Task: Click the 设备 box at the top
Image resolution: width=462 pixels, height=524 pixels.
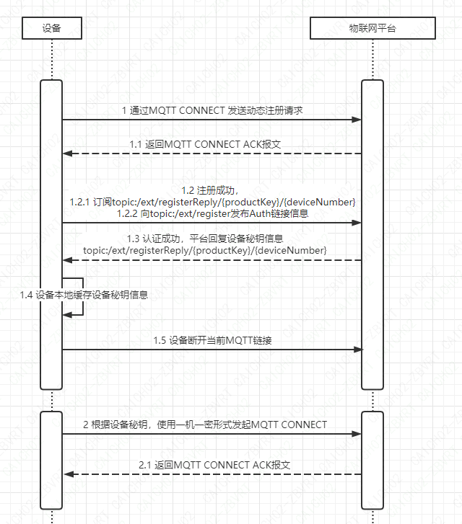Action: [x=52, y=28]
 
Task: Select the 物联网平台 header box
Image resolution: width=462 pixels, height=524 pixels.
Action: [x=372, y=28]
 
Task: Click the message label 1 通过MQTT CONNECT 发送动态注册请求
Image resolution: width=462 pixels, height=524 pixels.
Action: [x=212, y=110]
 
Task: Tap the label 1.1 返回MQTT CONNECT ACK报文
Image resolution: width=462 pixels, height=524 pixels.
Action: [x=205, y=144]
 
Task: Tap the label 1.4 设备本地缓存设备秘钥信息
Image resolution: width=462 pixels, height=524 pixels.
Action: [x=84, y=295]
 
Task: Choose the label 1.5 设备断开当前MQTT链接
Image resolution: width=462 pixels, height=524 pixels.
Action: [x=212, y=340]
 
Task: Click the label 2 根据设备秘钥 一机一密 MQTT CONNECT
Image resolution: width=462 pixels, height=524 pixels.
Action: [x=205, y=425]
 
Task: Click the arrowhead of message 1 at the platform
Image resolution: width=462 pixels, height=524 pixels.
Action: [x=357, y=120]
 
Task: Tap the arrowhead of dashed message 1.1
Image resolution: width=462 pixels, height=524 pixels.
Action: [x=67, y=154]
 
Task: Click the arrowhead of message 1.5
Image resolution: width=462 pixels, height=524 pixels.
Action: [x=357, y=350]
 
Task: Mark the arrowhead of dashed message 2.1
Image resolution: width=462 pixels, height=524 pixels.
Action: [x=67, y=474]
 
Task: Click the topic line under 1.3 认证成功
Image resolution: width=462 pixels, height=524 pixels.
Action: [x=205, y=250]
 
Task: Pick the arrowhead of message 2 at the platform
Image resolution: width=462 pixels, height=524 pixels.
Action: [x=357, y=435]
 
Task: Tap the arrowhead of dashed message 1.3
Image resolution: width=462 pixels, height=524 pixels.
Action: [x=67, y=259]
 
